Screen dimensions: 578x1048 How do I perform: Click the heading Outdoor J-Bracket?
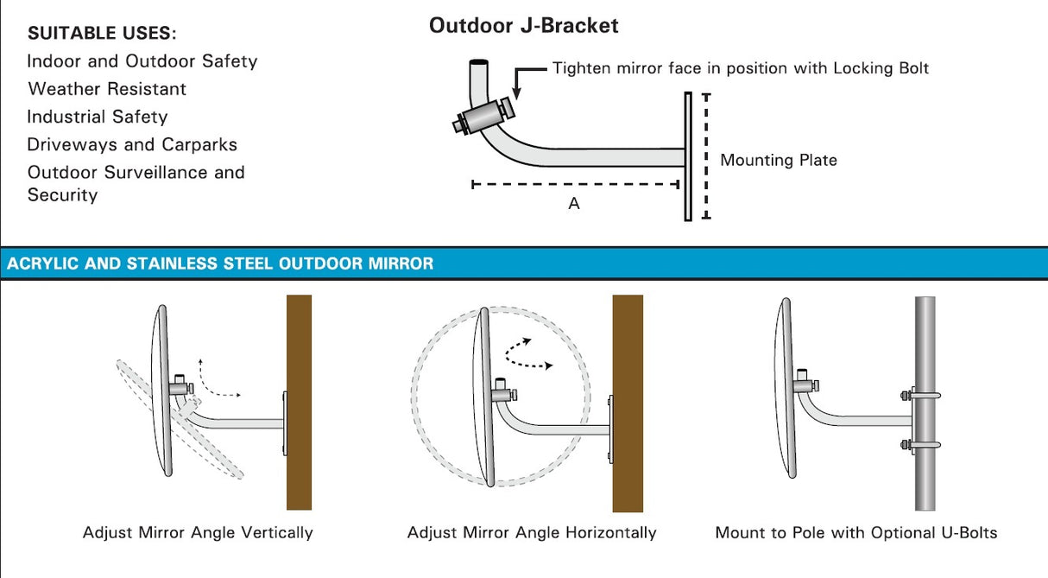pyautogui.click(x=523, y=26)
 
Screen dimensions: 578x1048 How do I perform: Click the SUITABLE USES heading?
pyautogui.click(x=102, y=34)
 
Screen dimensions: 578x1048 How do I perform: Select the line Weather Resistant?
pyautogui.click(x=107, y=89)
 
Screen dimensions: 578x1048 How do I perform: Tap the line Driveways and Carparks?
pyautogui.click(x=131, y=144)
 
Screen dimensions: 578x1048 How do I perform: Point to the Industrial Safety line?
pyautogui.click(x=98, y=117)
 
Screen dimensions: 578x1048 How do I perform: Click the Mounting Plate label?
pyautogui.click(x=778, y=160)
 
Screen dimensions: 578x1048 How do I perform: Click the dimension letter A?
pyautogui.click(x=574, y=204)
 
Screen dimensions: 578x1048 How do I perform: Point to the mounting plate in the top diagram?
pyautogui.click(x=688, y=156)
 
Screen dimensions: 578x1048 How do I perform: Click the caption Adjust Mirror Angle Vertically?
pyautogui.click(x=198, y=532)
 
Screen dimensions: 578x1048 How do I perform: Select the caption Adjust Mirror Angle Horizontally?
pyautogui.click(x=532, y=532)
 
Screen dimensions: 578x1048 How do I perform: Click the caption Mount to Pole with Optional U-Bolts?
pyautogui.click(x=855, y=532)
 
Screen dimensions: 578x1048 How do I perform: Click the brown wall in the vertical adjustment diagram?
pyautogui.click(x=299, y=402)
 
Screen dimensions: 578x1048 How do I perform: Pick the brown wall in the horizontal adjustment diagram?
pyautogui.click(x=628, y=402)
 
